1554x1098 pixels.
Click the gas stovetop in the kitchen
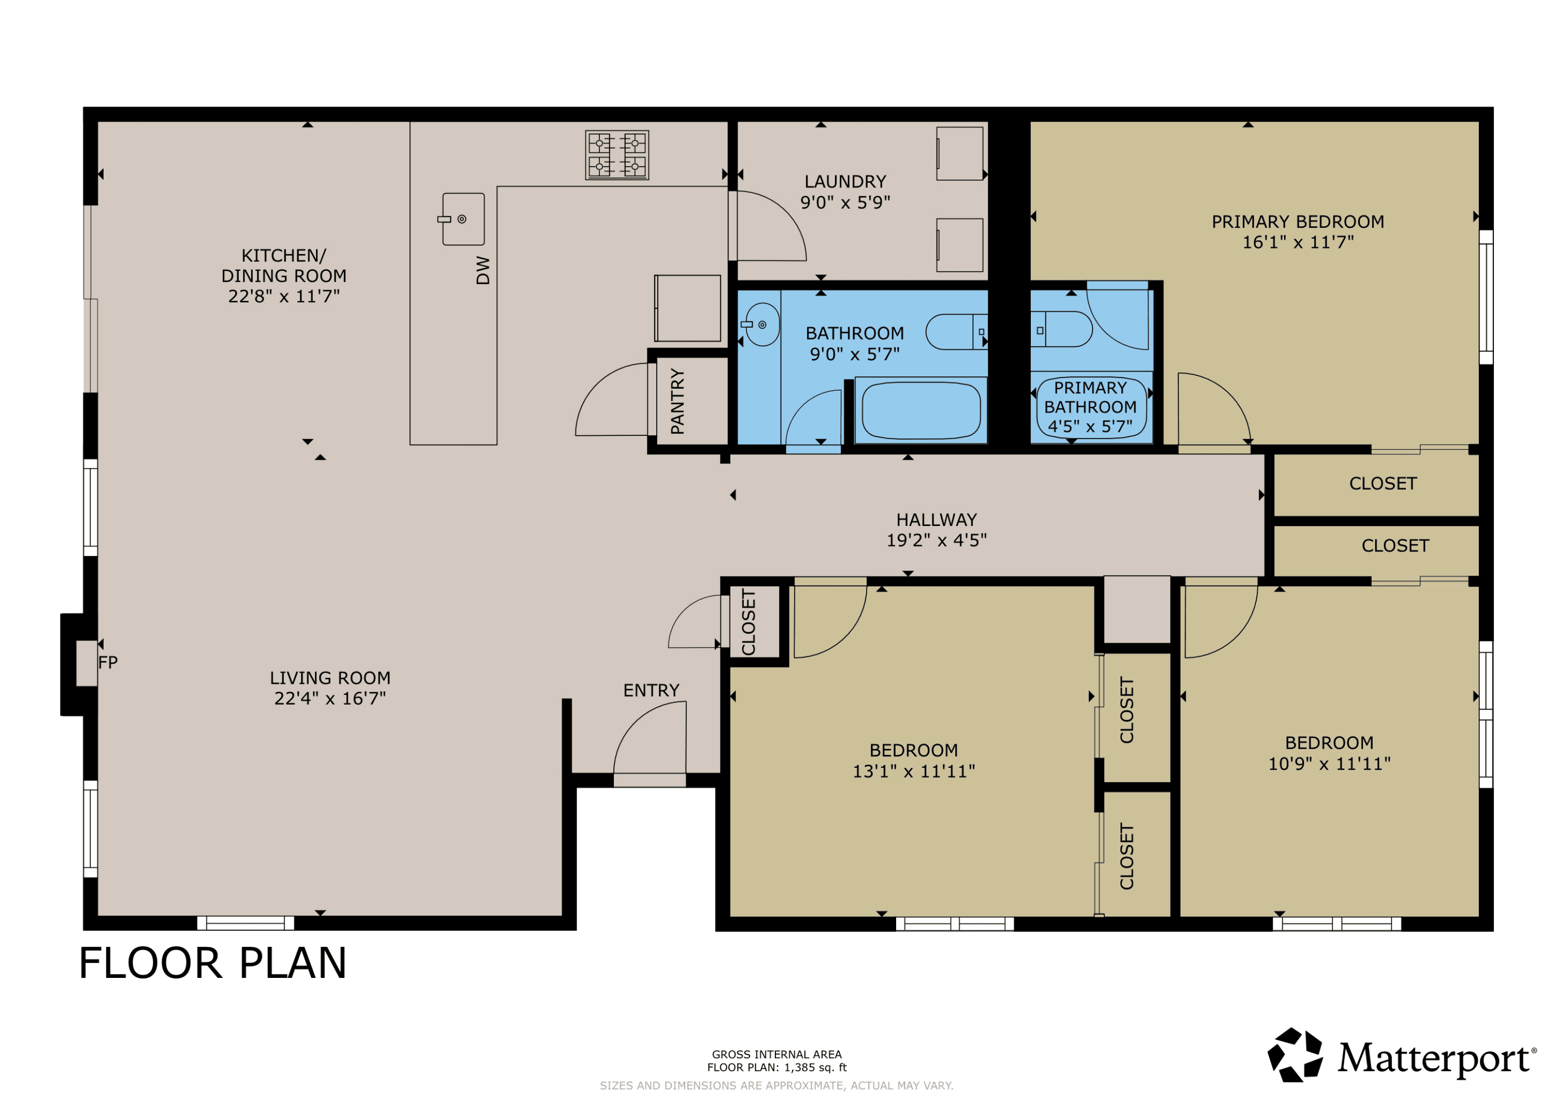tap(616, 155)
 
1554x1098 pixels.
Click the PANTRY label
tap(677, 401)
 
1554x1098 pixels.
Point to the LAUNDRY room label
tap(845, 182)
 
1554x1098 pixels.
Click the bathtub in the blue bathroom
tap(921, 411)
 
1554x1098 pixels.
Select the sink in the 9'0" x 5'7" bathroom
tap(761, 325)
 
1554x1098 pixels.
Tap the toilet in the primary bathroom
tap(1060, 329)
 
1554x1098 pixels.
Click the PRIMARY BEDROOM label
tap(1298, 222)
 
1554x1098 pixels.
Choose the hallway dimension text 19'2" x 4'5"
tap(937, 540)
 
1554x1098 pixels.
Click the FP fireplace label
tap(108, 662)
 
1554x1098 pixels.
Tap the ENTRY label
tap(651, 690)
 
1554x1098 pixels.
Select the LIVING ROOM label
tap(330, 678)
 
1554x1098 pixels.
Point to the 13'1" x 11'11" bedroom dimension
tap(914, 771)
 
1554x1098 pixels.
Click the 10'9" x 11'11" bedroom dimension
tap(1329, 764)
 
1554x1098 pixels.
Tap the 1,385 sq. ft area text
tap(815, 1067)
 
